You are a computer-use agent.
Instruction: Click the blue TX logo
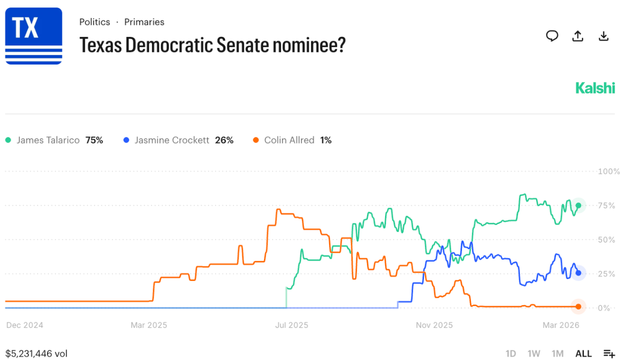34,36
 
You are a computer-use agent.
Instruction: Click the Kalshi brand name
595,88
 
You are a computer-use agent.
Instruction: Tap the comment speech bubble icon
552,36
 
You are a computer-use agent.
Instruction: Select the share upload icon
578,36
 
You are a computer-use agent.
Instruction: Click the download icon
603,36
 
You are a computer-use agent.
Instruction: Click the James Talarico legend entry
54,140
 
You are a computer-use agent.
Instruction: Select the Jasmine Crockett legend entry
178,140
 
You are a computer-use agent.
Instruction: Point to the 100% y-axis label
609,172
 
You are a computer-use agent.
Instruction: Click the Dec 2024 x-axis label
25,325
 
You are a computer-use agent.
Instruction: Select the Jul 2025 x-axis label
291,325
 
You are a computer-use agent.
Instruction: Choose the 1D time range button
510,354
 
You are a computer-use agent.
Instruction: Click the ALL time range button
583,354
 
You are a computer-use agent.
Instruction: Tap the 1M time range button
557,354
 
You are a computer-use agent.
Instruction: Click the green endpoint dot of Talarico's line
578,206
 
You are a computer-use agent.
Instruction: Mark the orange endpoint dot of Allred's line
578,306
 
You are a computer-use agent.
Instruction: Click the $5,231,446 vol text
36,354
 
